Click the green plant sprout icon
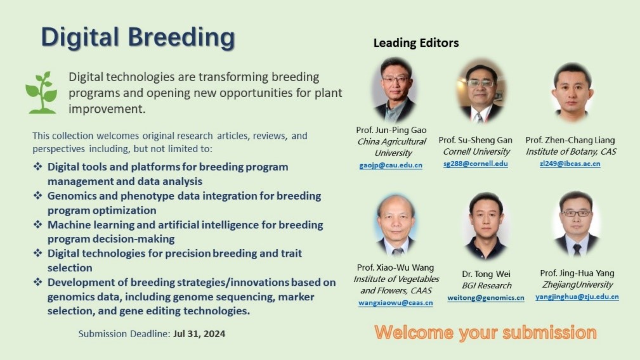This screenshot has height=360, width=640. (41, 93)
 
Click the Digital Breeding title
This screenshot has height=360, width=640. (138, 37)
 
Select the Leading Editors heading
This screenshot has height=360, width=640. (416, 43)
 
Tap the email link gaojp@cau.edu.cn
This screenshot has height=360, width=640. (391, 165)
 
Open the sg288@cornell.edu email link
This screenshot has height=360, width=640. (476, 164)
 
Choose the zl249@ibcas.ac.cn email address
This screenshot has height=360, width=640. (570, 164)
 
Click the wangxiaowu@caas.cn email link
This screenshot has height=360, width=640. (396, 303)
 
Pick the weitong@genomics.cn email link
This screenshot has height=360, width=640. (486, 298)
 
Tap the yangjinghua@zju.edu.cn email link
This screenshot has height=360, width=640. (577, 297)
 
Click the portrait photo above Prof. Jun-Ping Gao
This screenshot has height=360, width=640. (395, 90)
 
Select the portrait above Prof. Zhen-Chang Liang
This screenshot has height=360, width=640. (573, 93)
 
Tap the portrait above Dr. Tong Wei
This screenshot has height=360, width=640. (486, 226)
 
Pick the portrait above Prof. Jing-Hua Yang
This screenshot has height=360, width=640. (577, 224)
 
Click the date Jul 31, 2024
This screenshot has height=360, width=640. (199, 334)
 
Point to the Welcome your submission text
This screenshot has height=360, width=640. (485, 333)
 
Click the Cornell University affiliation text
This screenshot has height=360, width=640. (476, 151)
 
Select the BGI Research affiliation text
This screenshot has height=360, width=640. (487, 285)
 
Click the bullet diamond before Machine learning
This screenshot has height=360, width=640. (38, 224)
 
